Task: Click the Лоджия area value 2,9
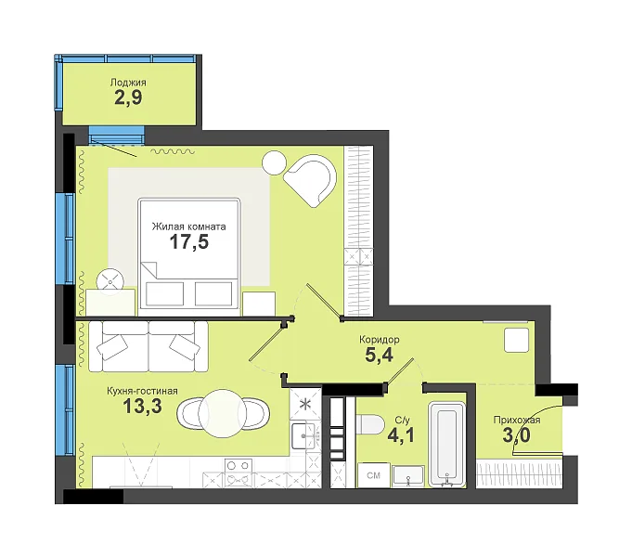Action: pyautogui.click(x=128, y=98)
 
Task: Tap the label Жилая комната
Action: pyautogui.click(x=188, y=227)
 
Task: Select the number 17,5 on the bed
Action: pyautogui.click(x=189, y=242)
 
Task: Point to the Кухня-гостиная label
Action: pyautogui.click(x=142, y=391)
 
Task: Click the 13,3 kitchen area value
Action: pyautogui.click(x=142, y=407)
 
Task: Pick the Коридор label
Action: pyautogui.click(x=380, y=340)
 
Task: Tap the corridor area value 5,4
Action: pyautogui.click(x=379, y=356)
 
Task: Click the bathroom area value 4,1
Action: pyautogui.click(x=401, y=435)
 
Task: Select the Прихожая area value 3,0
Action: pyautogui.click(x=516, y=435)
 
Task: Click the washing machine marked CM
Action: pyautogui.click(x=374, y=475)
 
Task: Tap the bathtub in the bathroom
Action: pyautogui.click(x=446, y=443)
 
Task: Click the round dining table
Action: pyautogui.click(x=224, y=413)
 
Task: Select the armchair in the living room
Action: pyautogui.click(x=311, y=181)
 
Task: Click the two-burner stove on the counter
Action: pyautogui.click(x=239, y=473)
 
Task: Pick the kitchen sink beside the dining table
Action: pyautogui.click(x=303, y=435)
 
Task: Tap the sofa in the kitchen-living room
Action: pyautogui.click(x=148, y=346)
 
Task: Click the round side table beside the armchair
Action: pyautogui.click(x=274, y=162)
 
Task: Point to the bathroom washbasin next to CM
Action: pyautogui.click(x=408, y=476)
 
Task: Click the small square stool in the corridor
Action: pyautogui.click(x=516, y=340)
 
